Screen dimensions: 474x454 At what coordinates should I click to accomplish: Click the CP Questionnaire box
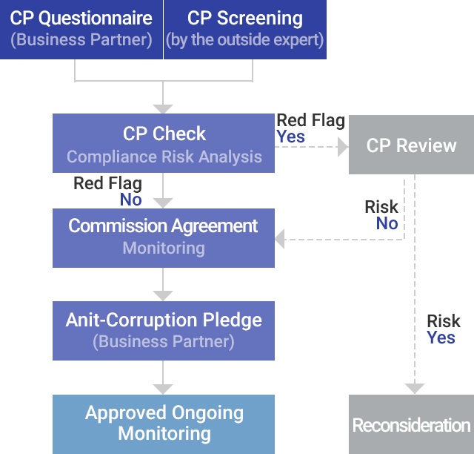(x=81, y=30)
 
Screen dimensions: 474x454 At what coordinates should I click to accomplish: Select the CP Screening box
(x=245, y=30)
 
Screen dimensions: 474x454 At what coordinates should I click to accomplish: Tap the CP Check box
(x=164, y=143)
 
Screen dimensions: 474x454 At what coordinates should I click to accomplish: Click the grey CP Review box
(x=412, y=145)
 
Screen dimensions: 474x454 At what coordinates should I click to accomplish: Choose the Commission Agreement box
(x=164, y=238)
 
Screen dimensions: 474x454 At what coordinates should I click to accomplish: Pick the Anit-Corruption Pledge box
(x=164, y=331)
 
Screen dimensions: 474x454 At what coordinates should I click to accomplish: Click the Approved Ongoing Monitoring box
(x=164, y=424)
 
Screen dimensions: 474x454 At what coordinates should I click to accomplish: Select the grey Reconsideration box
(x=412, y=424)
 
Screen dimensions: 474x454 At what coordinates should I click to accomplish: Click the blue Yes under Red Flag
(x=290, y=137)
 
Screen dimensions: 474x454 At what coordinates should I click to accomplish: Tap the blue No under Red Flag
(x=131, y=200)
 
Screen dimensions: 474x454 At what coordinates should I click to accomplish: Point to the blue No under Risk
(x=387, y=223)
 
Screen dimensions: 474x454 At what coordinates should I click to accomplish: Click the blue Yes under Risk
(x=441, y=338)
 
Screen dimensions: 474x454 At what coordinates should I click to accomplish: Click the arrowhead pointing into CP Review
(x=343, y=147)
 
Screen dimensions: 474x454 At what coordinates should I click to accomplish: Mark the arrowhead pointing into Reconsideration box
(x=415, y=389)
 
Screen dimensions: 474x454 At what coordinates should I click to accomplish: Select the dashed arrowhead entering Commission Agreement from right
(x=280, y=240)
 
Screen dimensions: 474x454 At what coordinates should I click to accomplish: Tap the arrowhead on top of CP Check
(x=163, y=109)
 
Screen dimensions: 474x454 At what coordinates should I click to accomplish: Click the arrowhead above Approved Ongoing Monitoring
(x=163, y=389)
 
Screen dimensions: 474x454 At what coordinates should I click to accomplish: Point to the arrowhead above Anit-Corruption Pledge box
(x=163, y=296)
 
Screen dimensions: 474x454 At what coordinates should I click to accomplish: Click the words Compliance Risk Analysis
(x=164, y=157)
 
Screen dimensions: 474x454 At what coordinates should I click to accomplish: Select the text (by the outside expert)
(x=245, y=40)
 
